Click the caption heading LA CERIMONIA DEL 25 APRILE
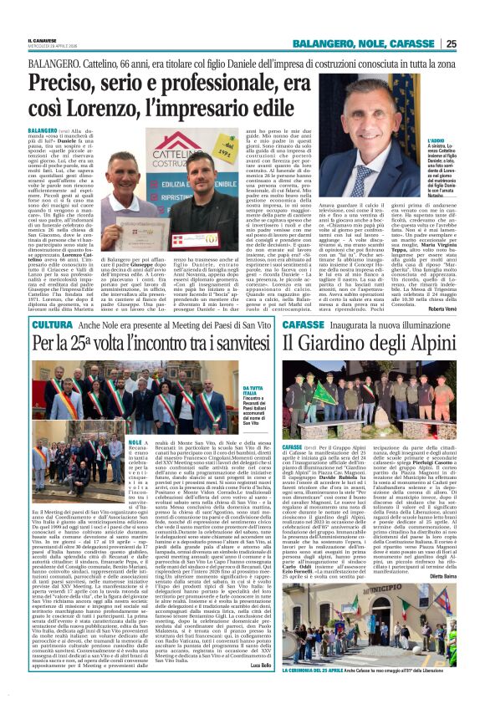point(327,693)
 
